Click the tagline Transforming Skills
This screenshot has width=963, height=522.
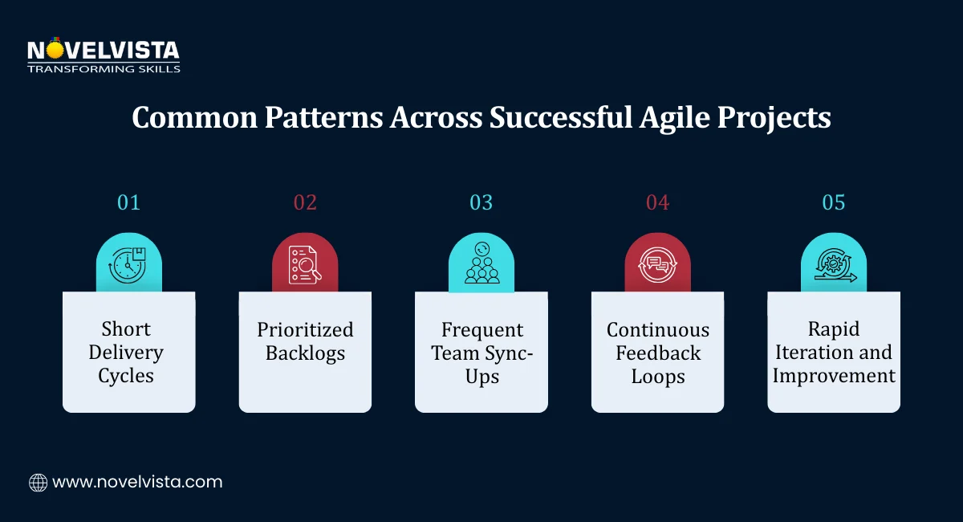pyautogui.click(x=104, y=69)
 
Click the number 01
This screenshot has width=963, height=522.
pyautogui.click(x=128, y=202)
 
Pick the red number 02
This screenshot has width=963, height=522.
pyautogui.click(x=305, y=202)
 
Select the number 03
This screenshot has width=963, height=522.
pyautogui.click(x=481, y=202)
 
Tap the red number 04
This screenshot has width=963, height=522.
pyautogui.click(x=657, y=202)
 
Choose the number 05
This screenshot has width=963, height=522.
pyautogui.click(x=834, y=202)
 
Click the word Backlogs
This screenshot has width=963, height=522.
pyautogui.click(x=305, y=353)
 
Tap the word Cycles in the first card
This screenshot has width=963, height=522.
pyautogui.click(x=126, y=376)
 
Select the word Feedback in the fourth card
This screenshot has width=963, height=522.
pyautogui.click(x=658, y=353)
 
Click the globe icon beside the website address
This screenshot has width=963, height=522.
pyautogui.click(x=38, y=483)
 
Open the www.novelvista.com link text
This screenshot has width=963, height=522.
pyautogui.click(x=137, y=483)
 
